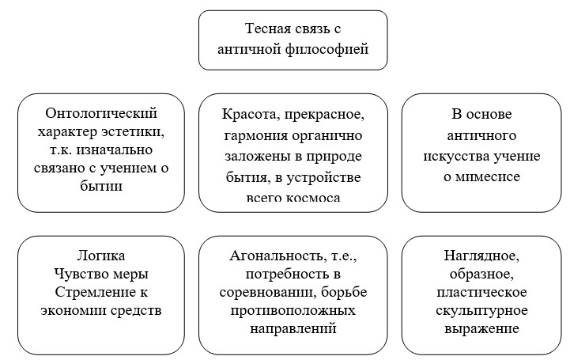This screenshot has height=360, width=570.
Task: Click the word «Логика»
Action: pos(103,256)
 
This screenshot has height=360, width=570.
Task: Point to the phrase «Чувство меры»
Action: pos(103,274)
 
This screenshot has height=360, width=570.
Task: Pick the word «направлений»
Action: pos(293,327)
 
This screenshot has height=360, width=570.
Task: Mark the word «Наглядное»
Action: pos(481,256)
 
